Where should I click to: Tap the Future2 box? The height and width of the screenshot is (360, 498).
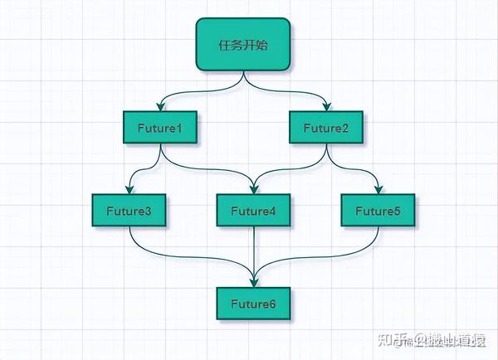click(326, 128)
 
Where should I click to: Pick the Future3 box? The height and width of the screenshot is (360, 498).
click(129, 211)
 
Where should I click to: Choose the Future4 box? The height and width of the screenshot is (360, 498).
click(253, 211)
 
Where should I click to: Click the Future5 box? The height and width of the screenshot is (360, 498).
click(378, 211)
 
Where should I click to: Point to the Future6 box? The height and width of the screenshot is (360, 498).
click(253, 303)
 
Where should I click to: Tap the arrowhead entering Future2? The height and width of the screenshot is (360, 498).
click(327, 107)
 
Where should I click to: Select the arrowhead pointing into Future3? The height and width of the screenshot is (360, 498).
click(129, 190)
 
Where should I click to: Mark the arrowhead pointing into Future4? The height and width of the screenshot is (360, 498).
click(253, 190)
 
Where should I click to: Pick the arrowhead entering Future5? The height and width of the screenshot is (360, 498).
click(378, 190)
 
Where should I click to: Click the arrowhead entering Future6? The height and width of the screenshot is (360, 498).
click(253, 282)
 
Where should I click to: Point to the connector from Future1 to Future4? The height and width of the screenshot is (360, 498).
click(207, 168)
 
